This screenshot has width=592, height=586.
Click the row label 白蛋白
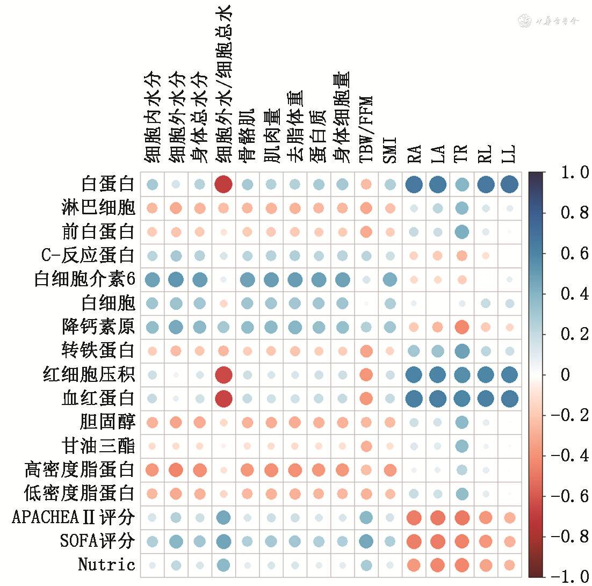(x=107, y=184)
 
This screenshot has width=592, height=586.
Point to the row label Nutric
(x=106, y=565)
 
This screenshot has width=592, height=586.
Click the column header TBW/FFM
(x=366, y=129)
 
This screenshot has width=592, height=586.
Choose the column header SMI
(x=390, y=150)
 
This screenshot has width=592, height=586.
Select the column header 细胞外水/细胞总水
(x=223, y=86)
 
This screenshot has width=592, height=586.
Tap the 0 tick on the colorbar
(x=565, y=374)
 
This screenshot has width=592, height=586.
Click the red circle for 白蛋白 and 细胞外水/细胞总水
(x=223, y=184)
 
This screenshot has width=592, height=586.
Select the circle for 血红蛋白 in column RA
(x=414, y=399)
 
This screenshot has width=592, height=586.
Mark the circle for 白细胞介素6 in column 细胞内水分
(x=153, y=279)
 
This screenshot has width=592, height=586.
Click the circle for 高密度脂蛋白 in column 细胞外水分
(x=176, y=470)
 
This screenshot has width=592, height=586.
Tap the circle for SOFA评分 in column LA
(x=437, y=541)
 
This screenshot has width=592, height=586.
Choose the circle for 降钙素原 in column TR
(x=461, y=327)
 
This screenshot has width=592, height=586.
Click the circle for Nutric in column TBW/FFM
(x=366, y=565)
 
